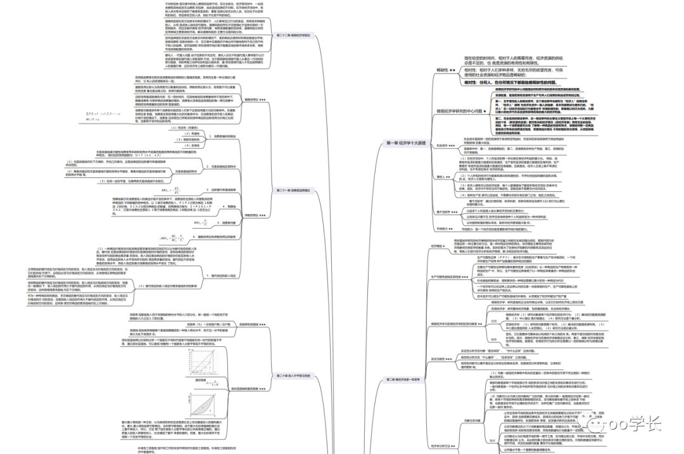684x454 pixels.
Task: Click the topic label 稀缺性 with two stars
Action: pos(445,70)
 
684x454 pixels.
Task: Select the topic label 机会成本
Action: pos(446,146)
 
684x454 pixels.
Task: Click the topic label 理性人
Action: pos(443,177)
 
